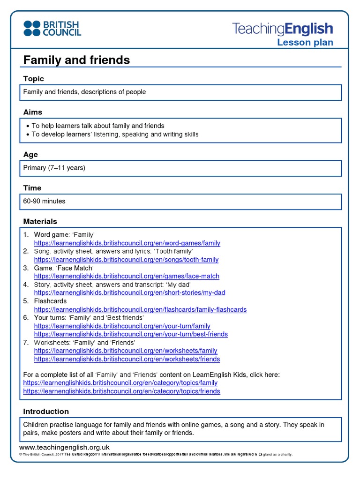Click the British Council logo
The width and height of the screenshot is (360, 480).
(x=52, y=28)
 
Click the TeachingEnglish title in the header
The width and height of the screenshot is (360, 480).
(x=282, y=29)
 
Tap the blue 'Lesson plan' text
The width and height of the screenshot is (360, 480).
(x=305, y=43)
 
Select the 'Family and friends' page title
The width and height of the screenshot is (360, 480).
(x=76, y=60)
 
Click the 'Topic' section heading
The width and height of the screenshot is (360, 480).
(x=33, y=79)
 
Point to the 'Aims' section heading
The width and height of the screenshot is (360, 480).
(x=32, y=112)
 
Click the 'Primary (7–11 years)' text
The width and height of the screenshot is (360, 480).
(x=54, y=167)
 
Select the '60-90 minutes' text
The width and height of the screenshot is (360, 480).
(x=45, y=201)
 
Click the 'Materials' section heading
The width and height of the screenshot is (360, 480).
(x=40, y=221)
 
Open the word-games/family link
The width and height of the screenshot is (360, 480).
(x=127, y=243)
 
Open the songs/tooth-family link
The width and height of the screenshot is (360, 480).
(x=126, y=260)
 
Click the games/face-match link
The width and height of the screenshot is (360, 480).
(x=127, y=276)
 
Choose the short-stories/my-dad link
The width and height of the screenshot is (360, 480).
(x=129, y=292)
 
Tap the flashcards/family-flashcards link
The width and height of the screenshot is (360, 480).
(x=140, y=309)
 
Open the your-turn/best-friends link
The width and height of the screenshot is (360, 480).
(x=131, y=334)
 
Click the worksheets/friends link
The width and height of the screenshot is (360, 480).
(x=127, y=359)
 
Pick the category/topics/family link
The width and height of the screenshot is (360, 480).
(x=120, y=383)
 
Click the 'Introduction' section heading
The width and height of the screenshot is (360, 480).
(x=46, y=411)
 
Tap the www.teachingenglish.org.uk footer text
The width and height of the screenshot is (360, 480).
(x=64, y=447)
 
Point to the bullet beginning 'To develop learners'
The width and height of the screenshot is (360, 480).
(x=115, y=134)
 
